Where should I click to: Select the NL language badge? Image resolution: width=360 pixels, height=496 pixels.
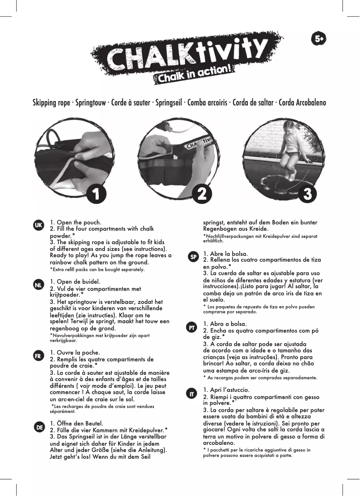coord(39,284)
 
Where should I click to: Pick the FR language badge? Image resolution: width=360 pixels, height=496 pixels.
coord(39,355)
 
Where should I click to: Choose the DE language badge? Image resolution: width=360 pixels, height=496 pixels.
coord(39,427)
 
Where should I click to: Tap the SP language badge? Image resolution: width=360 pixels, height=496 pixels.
coord(193,257)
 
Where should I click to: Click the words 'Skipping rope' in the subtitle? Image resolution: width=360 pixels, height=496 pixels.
coord(51,103)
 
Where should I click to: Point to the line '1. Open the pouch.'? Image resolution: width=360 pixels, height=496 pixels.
coord(75,222)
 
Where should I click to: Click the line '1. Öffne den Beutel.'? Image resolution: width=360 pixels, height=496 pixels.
coord(77,423)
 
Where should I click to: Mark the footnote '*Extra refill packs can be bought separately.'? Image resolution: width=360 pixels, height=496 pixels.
coord(97,270)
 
